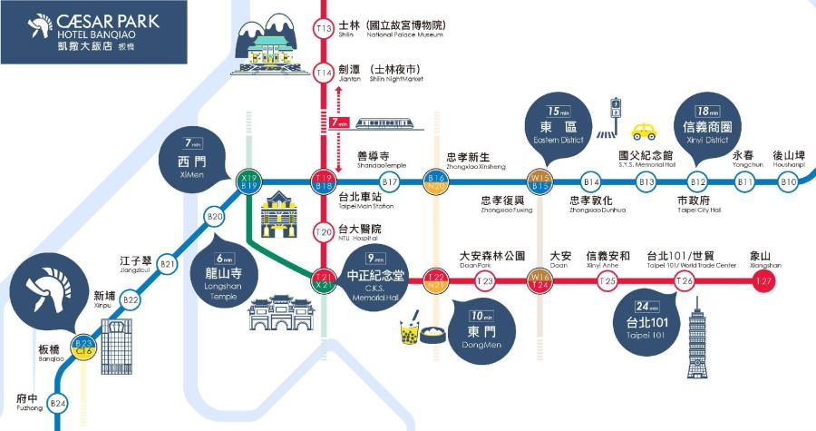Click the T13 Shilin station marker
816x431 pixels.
(x=324, y=29)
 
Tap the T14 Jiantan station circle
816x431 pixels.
(x=324, y=73)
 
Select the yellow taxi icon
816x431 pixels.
(x=645, y=130)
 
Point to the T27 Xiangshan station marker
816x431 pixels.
(x=765, y=281)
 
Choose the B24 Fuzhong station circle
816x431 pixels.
(x=58, y=403)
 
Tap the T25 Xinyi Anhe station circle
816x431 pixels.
(x=607, y=281)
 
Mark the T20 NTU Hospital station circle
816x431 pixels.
(x=324, y=231)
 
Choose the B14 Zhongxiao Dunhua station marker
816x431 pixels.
(x=592, y=182)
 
